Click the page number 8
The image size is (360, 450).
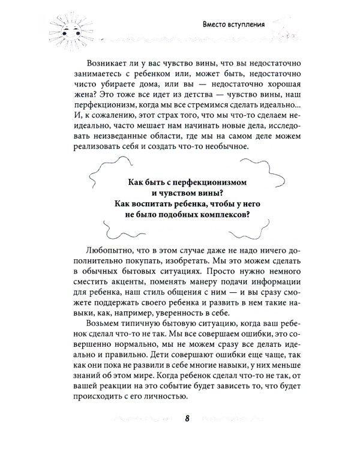pos(187,418)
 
